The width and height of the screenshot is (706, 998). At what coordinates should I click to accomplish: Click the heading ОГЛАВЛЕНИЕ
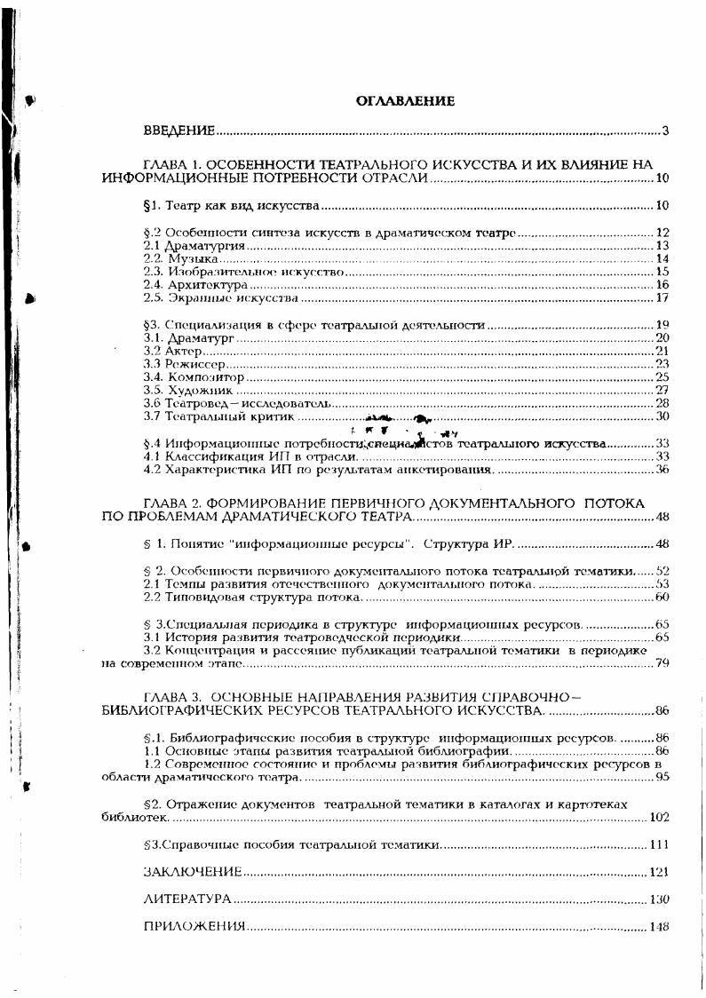[x=405, y=101]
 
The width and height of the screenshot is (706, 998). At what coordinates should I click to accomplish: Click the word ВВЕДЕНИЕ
[x=179, y=132]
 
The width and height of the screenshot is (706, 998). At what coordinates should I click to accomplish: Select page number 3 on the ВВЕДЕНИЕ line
[x=664, y=132]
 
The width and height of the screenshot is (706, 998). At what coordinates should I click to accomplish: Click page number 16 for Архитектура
[x=662, y=285]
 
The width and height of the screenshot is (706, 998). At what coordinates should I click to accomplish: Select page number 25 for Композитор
[x=662, y=377]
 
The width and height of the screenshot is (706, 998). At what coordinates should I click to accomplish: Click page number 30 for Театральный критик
[x=662, y=416]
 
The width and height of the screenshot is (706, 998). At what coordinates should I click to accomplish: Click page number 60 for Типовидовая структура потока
[x=662, y=598]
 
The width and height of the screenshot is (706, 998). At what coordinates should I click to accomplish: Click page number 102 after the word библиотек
[x=659, y=817]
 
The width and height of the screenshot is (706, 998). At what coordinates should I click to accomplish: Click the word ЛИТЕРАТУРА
[x=187, y=899]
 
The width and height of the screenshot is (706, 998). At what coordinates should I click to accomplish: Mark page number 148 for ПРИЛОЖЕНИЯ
[x=658, y=927]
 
